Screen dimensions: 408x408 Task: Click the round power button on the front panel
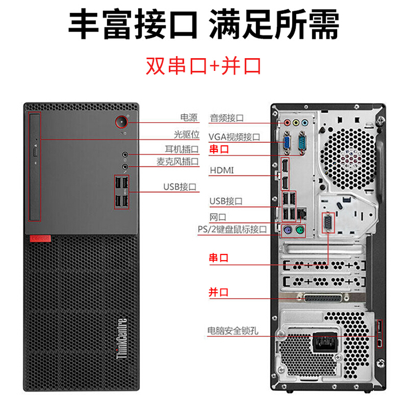pyautogui.click(x=121, y=122)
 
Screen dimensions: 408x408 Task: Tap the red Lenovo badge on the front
pyautogui.click(x=40, y=238)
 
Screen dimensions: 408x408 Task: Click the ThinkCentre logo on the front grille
pyautogui.click(x=121, y=338)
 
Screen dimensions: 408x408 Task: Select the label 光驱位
pyautogui.click(x=186, y=135)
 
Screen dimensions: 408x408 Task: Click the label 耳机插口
pyautogui.click(x=182, y=149)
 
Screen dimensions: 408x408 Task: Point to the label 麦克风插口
pyautogui.click(x=177, y=162)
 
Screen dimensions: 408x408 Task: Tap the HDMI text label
pyautogui.click(x=222, y=170)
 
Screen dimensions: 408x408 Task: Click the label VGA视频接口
pyautogui.click(x=234, y=137)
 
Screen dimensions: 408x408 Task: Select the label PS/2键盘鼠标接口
pyautogui.click(x=233, y=229)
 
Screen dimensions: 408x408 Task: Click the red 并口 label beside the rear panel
pyautogui.click(x=219, y=292)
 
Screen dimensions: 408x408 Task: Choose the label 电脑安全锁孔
pyautogui.click(x=233, y=330)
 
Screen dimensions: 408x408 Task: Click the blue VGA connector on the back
pyautogui.click(x=287, y=142)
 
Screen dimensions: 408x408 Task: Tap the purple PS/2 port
pyautogui.click(x=287, y=230)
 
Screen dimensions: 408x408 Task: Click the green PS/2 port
pyautogui.click(x=300, y=230)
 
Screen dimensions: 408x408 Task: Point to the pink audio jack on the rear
pyautogui.click(x=287, y=122)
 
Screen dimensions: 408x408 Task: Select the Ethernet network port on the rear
pyautogui.click(x=301, y=214)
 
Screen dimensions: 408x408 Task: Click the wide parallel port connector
pyautogui.click(x=323, y=298)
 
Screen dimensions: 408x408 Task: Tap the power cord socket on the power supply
pyautogui.click(x=325, y=342)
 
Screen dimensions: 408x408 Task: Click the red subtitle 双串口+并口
pyautogui.click(x=203, y=66)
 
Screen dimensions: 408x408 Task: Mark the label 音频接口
pyautogui.click(x=226, y=118)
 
